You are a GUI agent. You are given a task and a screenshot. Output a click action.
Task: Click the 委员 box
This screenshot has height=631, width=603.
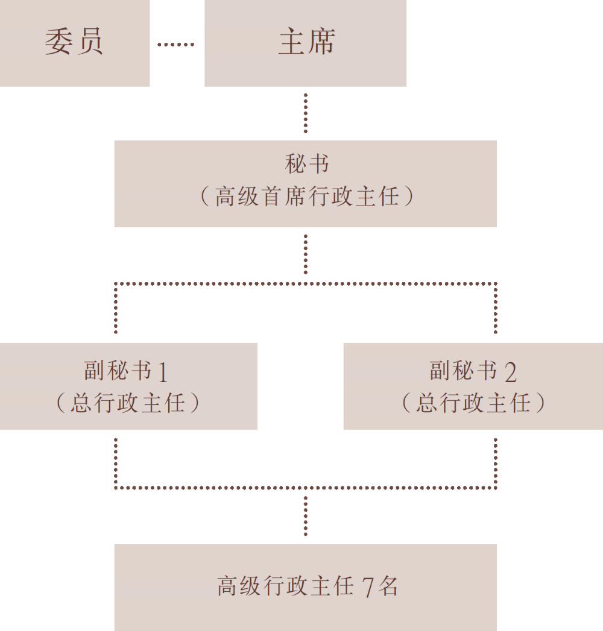click(x=75, y=43)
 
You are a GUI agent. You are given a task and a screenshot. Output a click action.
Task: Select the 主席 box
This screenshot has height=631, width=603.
click(x=306, y=43)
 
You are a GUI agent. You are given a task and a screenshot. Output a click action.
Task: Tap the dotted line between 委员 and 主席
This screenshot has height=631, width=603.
click(x=176, y=44)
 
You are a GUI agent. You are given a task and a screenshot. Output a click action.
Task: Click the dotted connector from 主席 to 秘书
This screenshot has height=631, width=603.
click(x=306, y=113)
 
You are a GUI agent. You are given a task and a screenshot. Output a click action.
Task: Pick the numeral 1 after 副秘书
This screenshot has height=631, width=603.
click(x=163, y=372)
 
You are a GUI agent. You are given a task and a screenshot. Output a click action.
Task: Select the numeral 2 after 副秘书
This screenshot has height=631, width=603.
click(x=510, y=372)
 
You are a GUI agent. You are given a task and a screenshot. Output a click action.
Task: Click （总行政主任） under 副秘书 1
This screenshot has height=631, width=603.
click(x=128, y=403)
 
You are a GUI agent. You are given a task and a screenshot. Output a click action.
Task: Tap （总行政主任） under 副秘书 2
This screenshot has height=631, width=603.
click(x=473, y=403)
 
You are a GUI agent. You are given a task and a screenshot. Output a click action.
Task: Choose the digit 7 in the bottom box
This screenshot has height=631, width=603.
click(x=368, y=587)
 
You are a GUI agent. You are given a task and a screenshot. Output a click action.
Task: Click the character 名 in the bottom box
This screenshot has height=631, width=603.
click(x=388, y=586)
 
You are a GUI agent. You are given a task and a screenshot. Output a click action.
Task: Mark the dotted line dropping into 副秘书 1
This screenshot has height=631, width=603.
click(x=116, y=308)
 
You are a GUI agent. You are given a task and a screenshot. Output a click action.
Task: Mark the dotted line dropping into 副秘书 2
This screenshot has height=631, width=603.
click(x=496, y=308)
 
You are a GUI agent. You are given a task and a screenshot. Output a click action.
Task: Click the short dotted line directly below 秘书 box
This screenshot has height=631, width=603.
click(x=306, y=254)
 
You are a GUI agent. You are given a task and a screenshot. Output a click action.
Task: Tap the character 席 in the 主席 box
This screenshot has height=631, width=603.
click(x=321, y=42)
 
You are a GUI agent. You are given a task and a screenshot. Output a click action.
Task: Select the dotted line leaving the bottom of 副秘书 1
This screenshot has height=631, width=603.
click(x=116, y=463)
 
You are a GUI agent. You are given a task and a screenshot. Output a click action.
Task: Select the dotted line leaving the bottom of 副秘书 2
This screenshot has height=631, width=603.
click(x=496, y=463)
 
